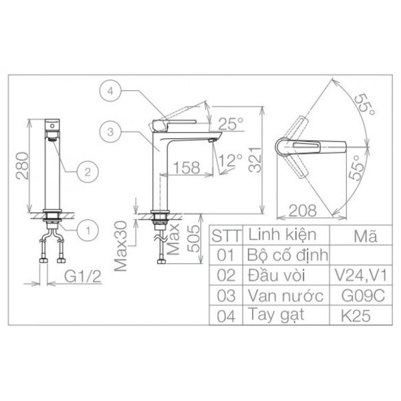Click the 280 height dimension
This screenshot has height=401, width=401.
tap(22, 166)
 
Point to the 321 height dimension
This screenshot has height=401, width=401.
tap(255, 160)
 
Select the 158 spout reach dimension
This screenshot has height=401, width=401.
tap(186, 168)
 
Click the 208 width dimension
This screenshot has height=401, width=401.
tap(303, 211)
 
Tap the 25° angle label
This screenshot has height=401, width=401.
tap(231, 124)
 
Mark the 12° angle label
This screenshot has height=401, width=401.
tap(230, 160)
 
